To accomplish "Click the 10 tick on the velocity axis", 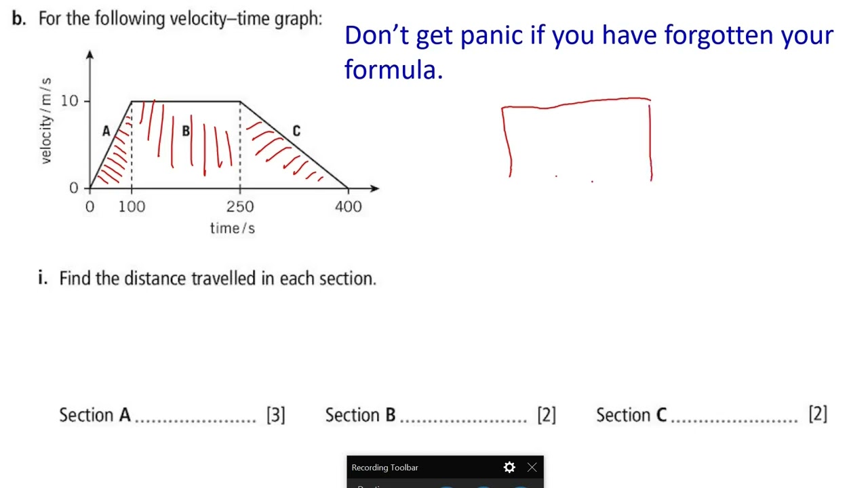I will pos(70,101).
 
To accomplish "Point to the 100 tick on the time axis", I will pos(132,207).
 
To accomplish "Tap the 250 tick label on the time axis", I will pos(240,207).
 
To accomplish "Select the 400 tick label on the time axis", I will pos(348,207).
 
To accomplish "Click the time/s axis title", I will pos(232,228).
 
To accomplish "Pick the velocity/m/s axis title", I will pos(45,121).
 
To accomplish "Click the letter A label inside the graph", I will pos(106,131).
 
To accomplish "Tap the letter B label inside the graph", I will pos(186,131).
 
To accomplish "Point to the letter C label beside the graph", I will pos(296,131).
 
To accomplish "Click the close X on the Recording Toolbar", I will pos(532,468).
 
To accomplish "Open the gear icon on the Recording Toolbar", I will pos(509,468).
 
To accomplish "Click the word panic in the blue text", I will pos(492,35).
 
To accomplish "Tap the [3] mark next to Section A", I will pos(275,415).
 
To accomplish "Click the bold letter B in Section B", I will pos(390,415).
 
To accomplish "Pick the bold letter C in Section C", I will pos(661,415).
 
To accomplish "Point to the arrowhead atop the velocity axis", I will pos(90,54).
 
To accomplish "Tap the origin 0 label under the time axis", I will pos(90,207).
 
